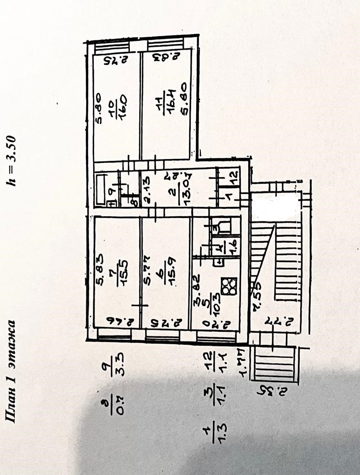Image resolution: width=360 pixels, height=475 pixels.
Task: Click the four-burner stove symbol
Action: [229, 286]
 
